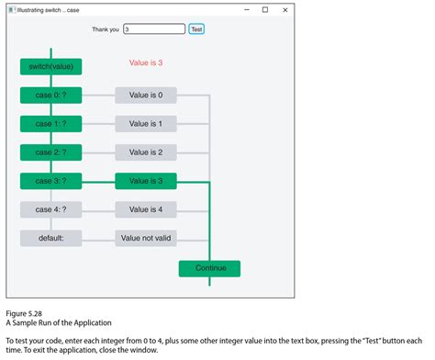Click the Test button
tap(196, 29)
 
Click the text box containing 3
tap(154, 29)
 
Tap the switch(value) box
tap(51, 66)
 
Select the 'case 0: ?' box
tap(51, 96)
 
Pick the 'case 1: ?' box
tap(51, 124)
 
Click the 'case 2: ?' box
tap(51, 152)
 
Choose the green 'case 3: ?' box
tap(51, 181)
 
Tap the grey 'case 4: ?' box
tap(51, 209)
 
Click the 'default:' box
tap(51, 238)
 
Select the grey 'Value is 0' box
tap(146, 96)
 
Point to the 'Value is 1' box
tap(146, 124)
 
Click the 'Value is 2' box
tap(146, 152)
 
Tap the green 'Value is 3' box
tap(146, 181)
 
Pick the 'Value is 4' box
tap(146, 209)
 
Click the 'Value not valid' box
tap(146, 238)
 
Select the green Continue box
tap(209, 269)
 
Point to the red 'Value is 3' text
tap(146, 62)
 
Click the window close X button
tap(285, 10)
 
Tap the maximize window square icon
tap(265, 10)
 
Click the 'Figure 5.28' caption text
tap(24, 314)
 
